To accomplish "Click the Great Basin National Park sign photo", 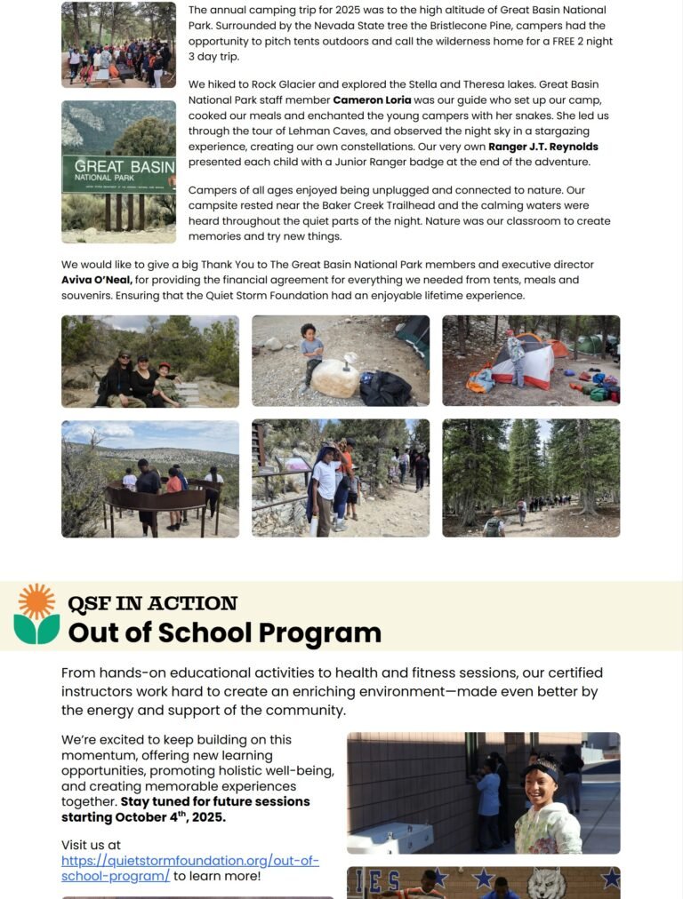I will point(118,171).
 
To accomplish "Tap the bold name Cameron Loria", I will point(372,99).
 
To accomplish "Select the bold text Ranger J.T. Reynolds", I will point(543,147).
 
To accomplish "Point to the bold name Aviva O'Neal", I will point(97,280).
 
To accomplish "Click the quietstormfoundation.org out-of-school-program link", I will point(189,868).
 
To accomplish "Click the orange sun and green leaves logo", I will point(36,614).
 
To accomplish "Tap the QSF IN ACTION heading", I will point(152,603).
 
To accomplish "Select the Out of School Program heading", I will point(224,632).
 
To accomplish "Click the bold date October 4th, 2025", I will point(170,816).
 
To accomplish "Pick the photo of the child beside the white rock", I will point(341,361).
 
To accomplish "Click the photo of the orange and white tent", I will point(531,361).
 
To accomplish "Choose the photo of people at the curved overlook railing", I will point(150,478).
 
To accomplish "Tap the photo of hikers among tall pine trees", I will point(531,478).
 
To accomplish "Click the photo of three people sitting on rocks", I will point(150,361).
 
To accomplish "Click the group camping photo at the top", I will point(118,44).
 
